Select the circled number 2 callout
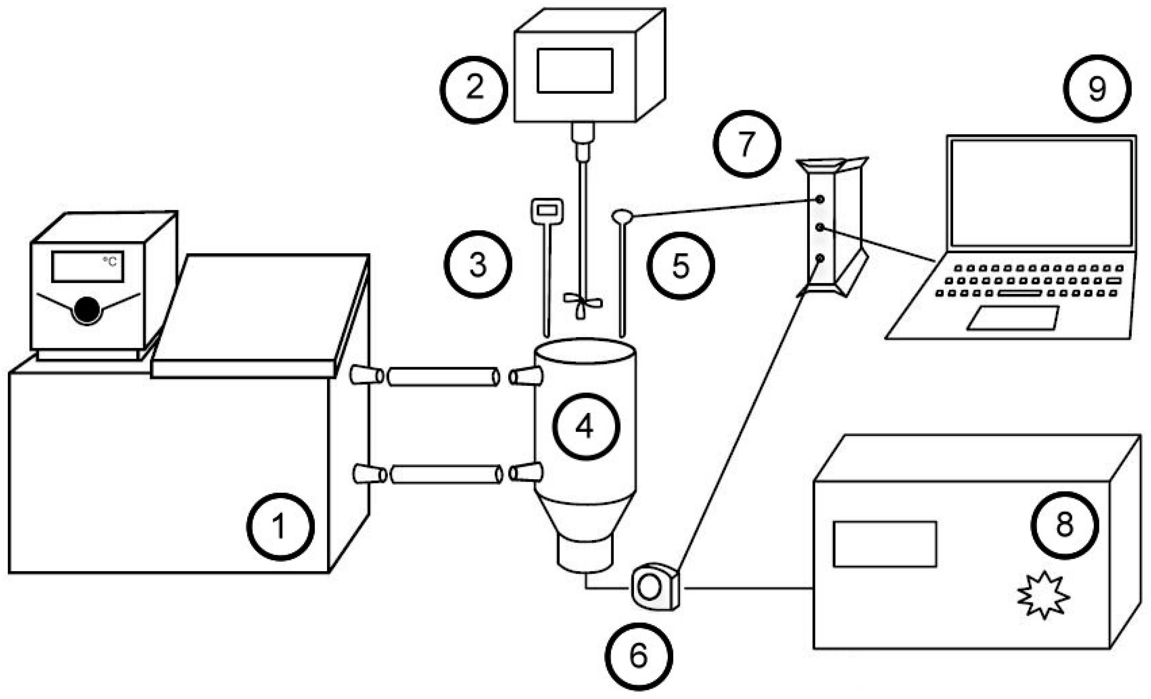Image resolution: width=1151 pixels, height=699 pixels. click(474, 90)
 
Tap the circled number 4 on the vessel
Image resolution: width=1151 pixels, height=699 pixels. click(586, 426)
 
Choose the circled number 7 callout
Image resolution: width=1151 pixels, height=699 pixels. click(746, 144)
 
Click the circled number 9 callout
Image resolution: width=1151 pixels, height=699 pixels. click(1097, 89)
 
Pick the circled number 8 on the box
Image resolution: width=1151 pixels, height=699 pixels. click(1065, 525)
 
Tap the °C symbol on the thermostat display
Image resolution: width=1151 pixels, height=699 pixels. click(110, 261)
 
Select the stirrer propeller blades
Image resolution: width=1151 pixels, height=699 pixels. click(582, 301)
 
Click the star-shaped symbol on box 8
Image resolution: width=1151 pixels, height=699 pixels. click(1043, 595)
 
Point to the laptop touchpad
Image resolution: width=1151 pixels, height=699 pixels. click(1013, 318)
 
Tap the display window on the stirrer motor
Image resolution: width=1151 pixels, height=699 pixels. click(575, 70)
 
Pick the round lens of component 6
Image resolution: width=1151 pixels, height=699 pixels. click(649, 588)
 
